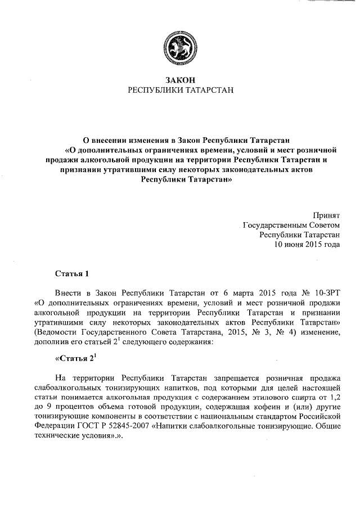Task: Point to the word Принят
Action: coord(326,214)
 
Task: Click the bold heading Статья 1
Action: coord(72,274)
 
